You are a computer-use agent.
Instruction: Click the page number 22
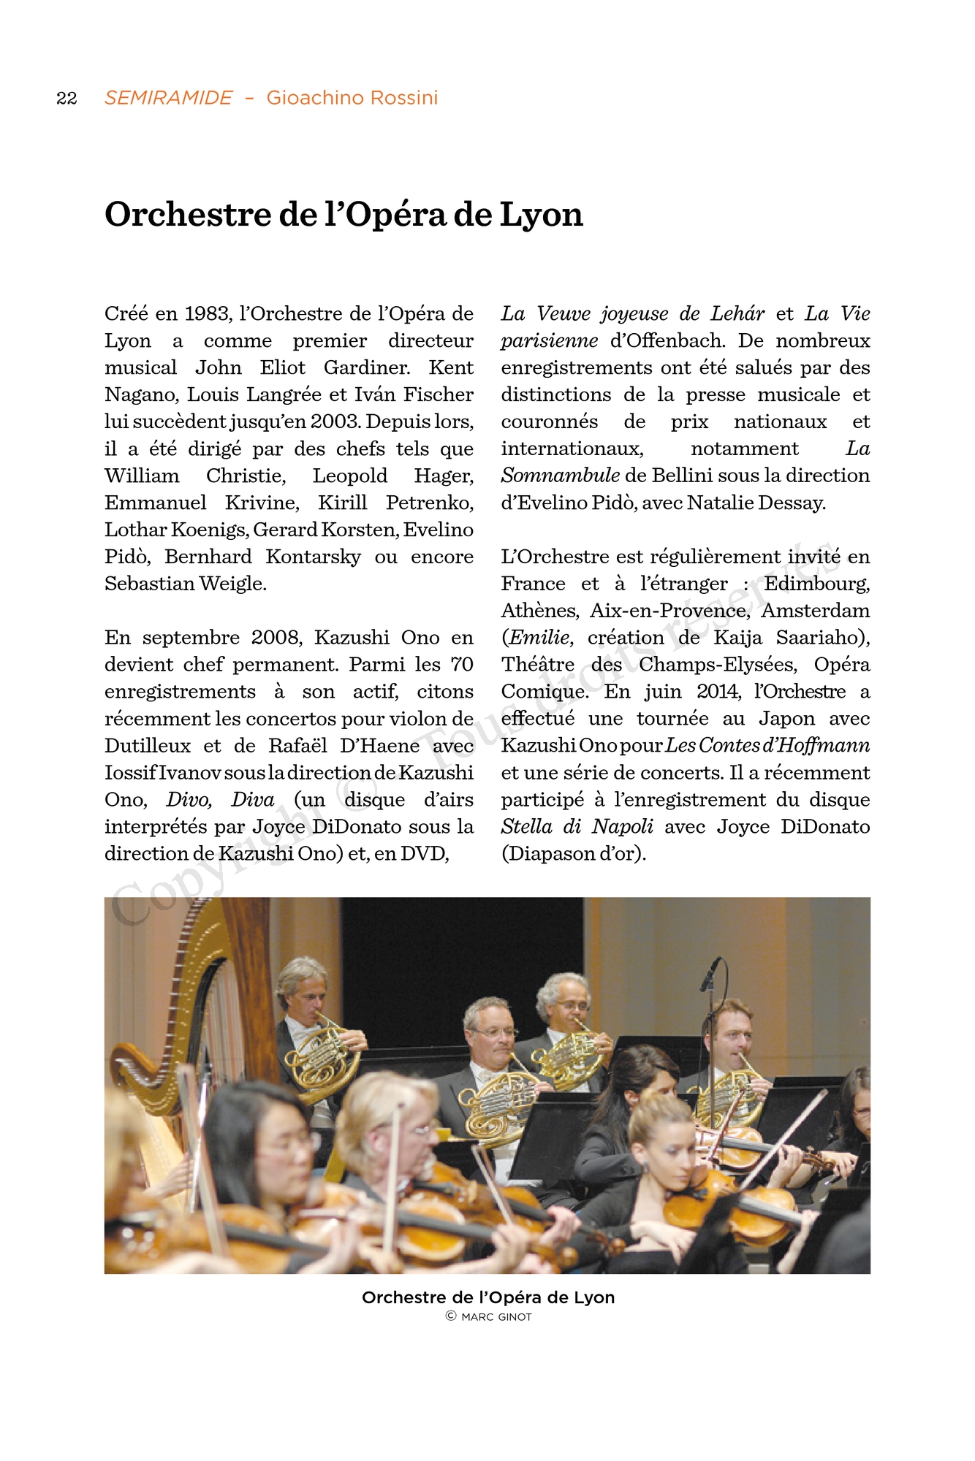coord(67,98)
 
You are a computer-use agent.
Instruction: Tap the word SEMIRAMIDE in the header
coord(168,98)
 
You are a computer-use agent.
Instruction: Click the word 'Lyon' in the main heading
coord(542,214)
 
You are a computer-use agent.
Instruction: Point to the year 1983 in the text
coord(208,314)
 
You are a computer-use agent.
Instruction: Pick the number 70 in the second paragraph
coord(462,665)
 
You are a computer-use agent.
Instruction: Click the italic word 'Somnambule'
coord(561,476)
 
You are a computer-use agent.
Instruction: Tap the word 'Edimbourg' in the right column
coord(816,584)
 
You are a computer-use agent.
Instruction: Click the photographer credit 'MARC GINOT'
coord(496,1317)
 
